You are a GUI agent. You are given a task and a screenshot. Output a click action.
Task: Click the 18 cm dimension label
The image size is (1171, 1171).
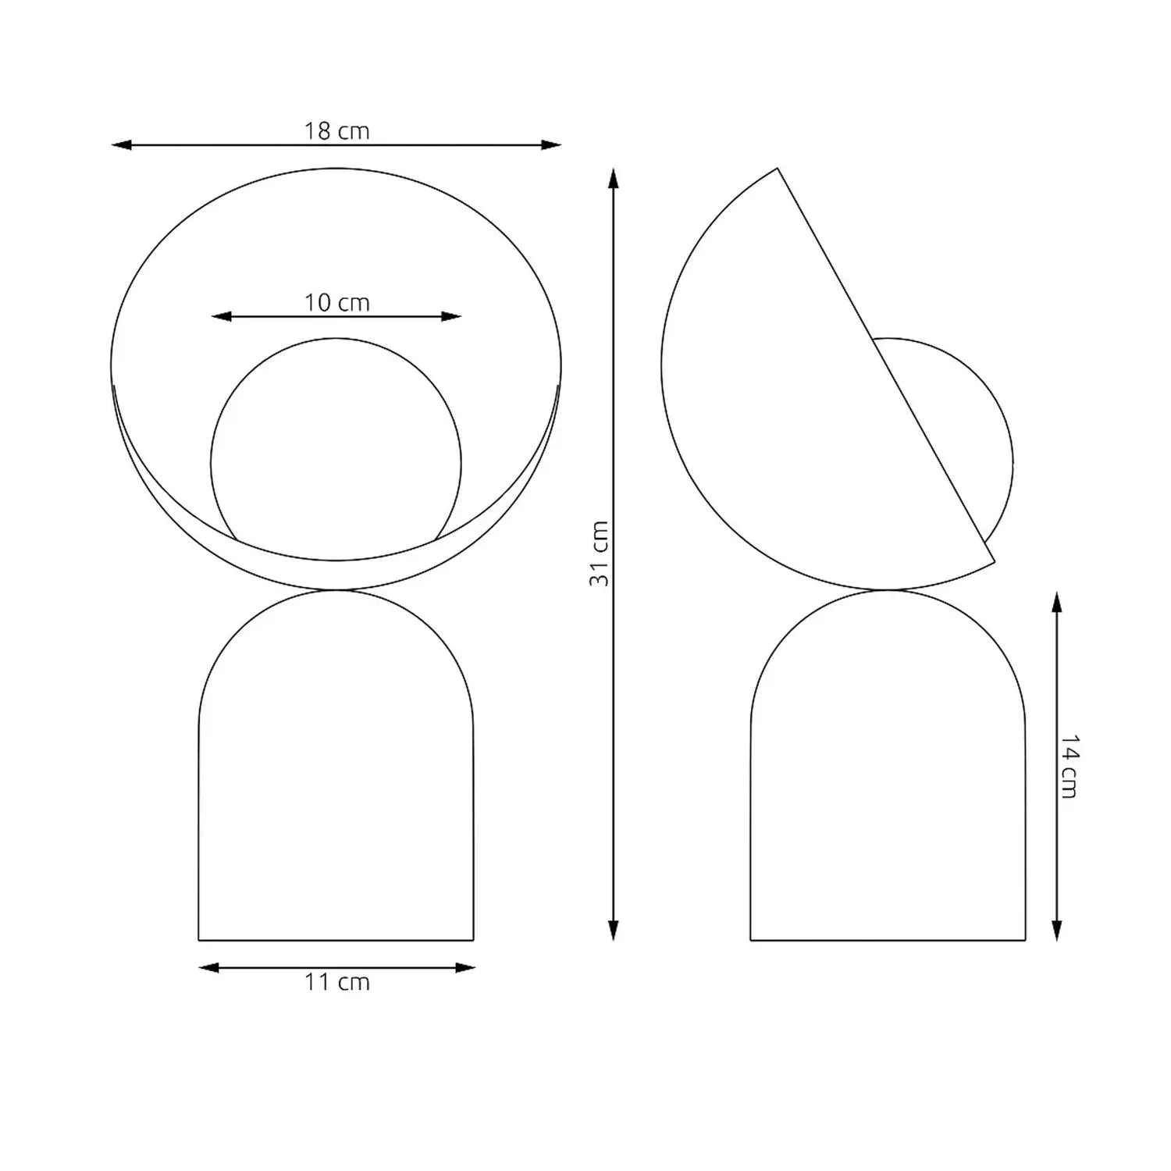tap(336, 131)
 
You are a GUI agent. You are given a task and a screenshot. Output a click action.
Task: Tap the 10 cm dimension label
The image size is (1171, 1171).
tap(336, 303)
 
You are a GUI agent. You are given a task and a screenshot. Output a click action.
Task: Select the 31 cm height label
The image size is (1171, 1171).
tap(599, 553)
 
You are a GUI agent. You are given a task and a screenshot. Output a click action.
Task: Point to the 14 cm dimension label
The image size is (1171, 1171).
tap(1069, 766)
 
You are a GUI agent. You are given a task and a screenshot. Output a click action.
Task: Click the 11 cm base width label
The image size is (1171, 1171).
tap(336, 982)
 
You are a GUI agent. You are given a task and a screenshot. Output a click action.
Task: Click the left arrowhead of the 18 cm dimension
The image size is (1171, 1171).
tap(121, 145)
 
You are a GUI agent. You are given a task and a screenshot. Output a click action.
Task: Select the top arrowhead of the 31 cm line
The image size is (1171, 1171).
tap(614, 178)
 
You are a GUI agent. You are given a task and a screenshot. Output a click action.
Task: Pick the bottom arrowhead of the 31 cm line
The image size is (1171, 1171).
tap(614, 931)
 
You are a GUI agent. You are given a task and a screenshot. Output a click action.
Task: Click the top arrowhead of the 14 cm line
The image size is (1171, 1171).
tap(1057, 602)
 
